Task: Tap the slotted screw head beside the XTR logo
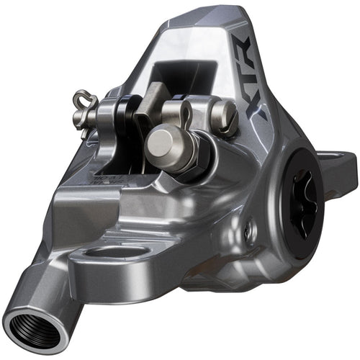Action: coord(224,115)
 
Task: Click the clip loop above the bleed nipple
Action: coord(184,112)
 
